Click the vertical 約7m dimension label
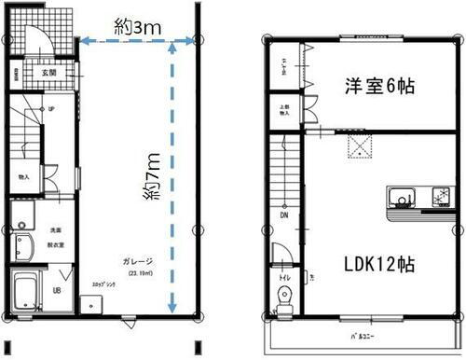tap(150, 184)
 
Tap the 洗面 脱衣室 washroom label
tap(54, 233)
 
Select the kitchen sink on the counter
tap(403, 198)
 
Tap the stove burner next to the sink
tap(435, 198)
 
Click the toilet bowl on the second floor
tap(285, 297)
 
